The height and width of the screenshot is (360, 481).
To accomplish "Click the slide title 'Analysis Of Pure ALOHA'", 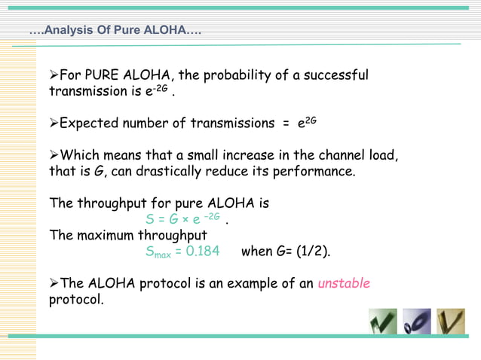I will (x=115, y=32).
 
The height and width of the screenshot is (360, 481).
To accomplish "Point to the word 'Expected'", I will (x=84, y=124).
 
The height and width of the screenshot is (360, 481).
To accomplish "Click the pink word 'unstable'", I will (x=344, y=284).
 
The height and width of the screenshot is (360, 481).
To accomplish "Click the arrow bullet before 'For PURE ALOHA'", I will (x=54, y=76).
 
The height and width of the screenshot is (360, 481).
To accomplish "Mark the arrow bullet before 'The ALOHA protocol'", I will (x=54, y=284).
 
